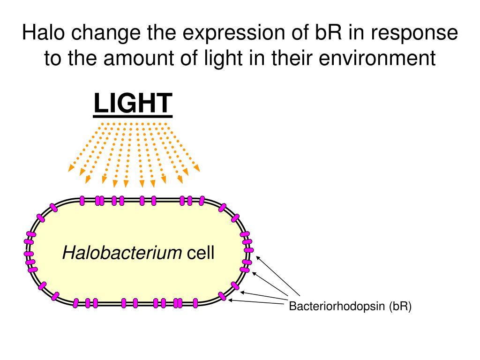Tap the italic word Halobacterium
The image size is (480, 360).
[x=123, y=254]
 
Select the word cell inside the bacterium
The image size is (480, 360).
[x=201, y=254]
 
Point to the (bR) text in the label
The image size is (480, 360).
[x=399, y=307]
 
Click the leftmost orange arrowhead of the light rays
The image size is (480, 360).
[x=71, y=167]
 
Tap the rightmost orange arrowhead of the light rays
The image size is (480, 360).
[x=196, y=167]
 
